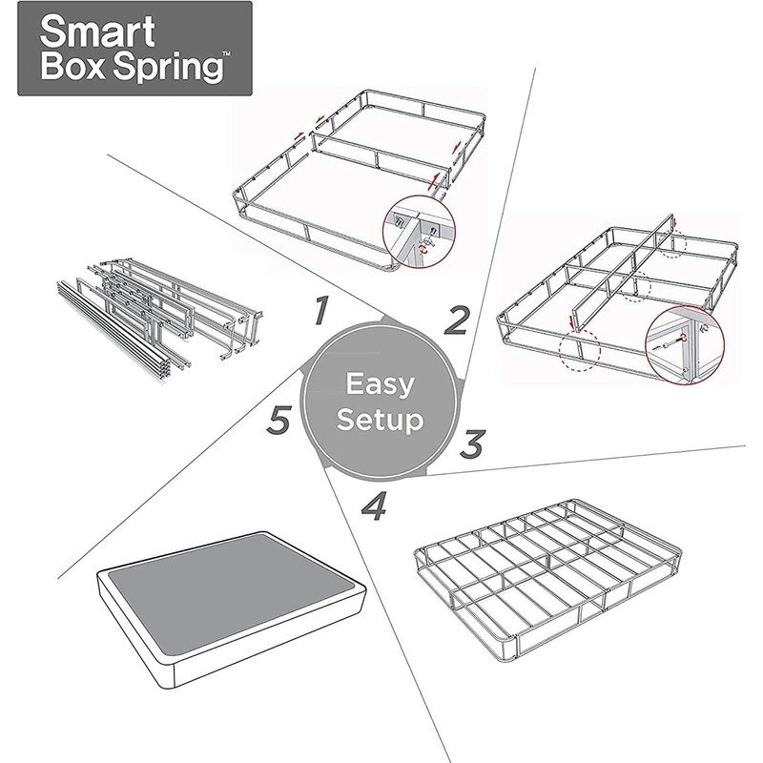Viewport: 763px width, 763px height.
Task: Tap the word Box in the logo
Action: [x=74, y=70]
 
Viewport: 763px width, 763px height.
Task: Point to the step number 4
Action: [x=375, y=506]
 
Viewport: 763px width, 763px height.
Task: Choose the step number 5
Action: [x=278, y=421]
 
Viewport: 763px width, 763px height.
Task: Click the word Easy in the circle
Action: [x=380, y=385]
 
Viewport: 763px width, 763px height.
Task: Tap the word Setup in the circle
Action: [x=380, y=420]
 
